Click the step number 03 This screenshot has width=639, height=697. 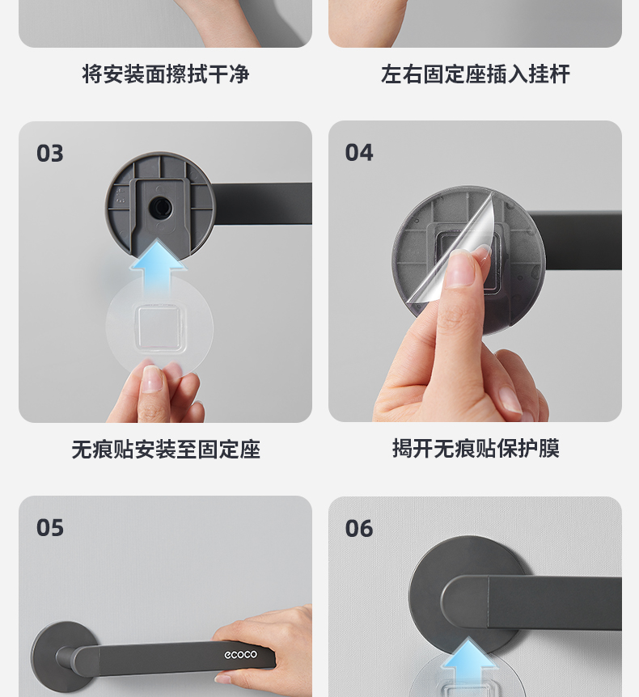coord(50,154)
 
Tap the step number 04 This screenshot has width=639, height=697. coord(359,153)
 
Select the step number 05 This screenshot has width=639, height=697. coord(50,528)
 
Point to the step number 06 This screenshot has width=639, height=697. coord(359,529)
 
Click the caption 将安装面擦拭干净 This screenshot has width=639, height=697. coord(166,74)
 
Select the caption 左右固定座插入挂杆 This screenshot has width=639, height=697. coord(476,74)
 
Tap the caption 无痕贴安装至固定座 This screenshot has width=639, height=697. coord(166,449)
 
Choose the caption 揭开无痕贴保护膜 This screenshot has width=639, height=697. coord(476,448)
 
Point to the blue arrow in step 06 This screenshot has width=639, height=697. coord(468,662)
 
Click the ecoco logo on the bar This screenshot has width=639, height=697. coord(240,654)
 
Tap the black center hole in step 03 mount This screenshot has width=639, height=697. coord(160,208)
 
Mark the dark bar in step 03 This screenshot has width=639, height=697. coord(262,203)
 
